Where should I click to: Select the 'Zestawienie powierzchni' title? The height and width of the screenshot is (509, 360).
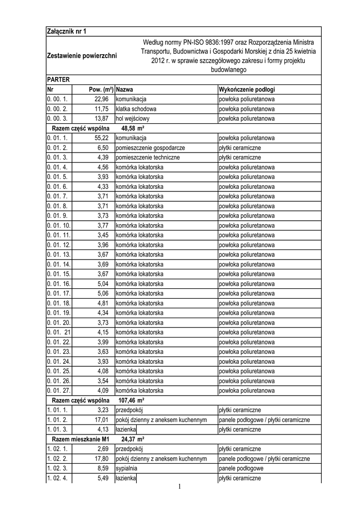[82, 55]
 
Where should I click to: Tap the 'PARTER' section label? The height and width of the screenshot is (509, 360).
[58, 80]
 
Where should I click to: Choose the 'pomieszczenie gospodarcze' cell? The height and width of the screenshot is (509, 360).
[150, 148]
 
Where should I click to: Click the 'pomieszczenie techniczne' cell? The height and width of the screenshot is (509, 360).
[148, 158]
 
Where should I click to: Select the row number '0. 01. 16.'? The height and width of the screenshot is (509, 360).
[59, 283]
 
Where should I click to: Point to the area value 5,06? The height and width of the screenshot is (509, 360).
[103, 293]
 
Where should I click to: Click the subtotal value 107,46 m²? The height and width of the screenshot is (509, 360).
[131, 400]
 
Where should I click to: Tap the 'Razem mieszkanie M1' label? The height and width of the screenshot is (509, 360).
[80, 439]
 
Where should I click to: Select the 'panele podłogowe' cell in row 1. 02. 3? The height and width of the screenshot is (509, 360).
[241, 468]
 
